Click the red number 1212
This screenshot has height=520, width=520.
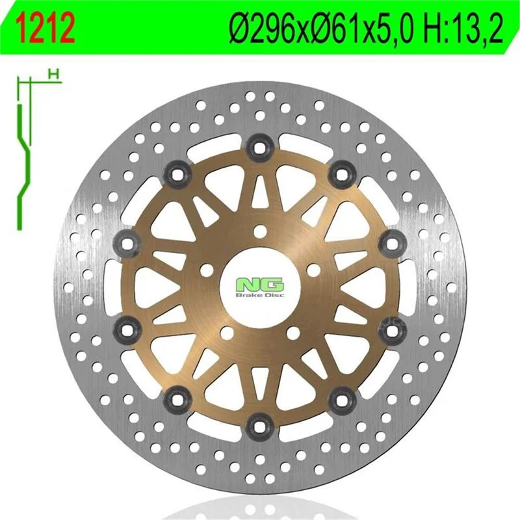[x=46, y=28]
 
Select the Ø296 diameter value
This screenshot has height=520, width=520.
[x=268, y=28]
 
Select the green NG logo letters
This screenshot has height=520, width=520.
[x=261, y=285]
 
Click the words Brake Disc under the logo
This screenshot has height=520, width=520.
[x=261, y=295]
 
